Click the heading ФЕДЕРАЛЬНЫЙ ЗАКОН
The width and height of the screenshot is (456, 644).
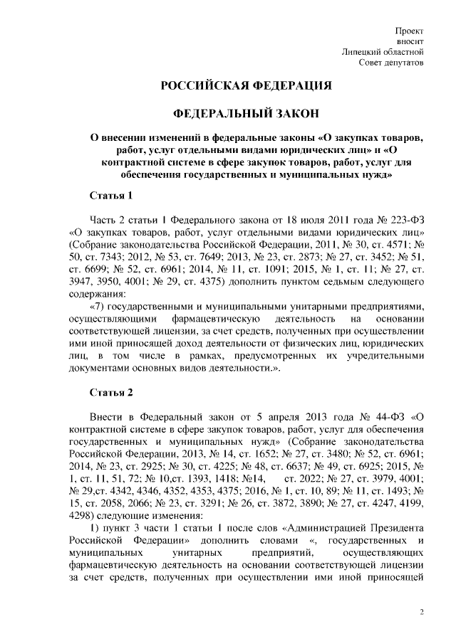pos(247,114)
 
